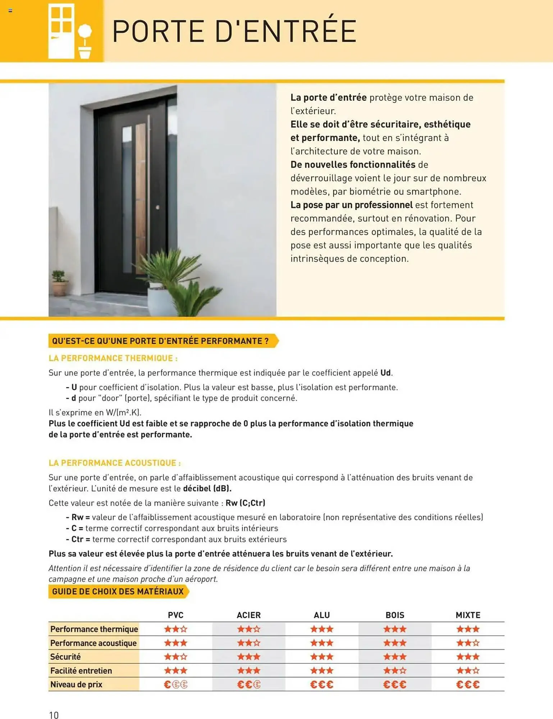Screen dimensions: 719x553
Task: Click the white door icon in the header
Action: tap(61, 31)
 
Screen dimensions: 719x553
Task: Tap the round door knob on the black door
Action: tap(157, 207)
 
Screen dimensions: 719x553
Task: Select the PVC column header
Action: tap(175, 615)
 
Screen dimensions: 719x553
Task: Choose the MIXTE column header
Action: tap(468, 615)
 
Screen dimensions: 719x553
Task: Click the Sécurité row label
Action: tap(65, 657)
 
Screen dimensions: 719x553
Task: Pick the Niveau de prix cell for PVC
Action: tap(175, 684)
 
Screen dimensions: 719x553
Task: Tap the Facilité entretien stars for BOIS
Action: tap(395, 670)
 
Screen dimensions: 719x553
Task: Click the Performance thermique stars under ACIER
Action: tap(248, 629)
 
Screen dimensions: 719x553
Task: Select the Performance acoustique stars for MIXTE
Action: tap(468, 643)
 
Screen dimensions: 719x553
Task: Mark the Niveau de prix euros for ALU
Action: tap(322, 684)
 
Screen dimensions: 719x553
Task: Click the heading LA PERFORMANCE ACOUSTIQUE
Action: tap(114, 463)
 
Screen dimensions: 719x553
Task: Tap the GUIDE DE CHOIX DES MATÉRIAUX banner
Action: tap(118, 591)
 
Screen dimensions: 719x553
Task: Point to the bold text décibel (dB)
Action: tap(207, 489)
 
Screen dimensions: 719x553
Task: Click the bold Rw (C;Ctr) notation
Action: tap(245, 503)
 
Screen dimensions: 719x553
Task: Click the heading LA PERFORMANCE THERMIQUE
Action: tap(113, 358)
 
